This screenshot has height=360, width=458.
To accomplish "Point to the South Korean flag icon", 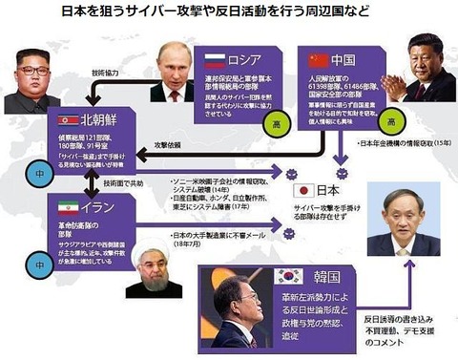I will coord(288,277).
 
